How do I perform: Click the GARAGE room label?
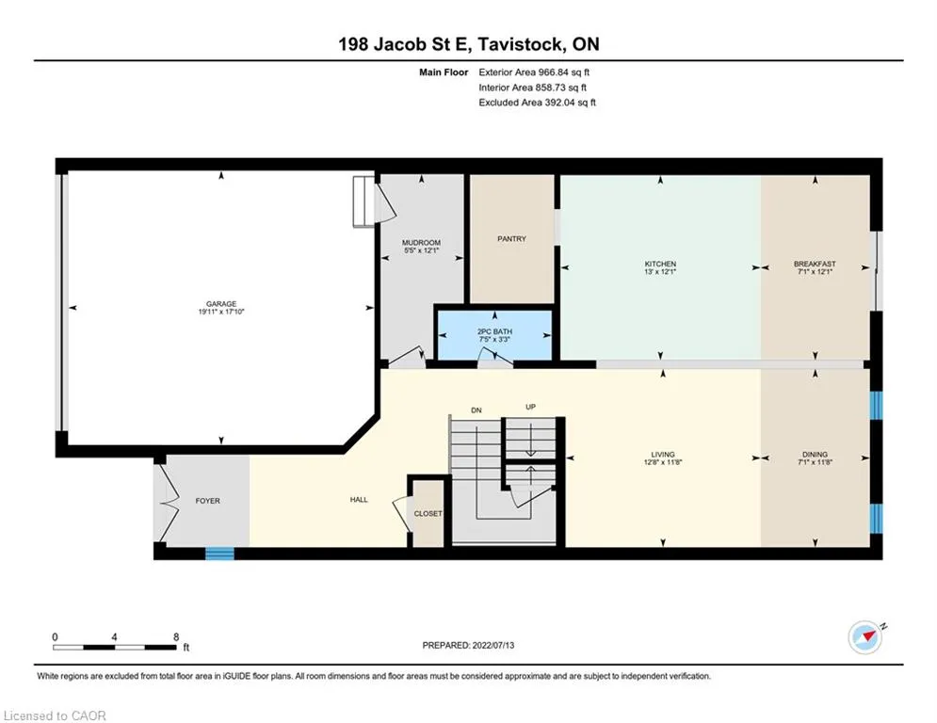coord(221,303)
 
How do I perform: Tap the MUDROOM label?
coord(421,243)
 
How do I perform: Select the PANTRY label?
coord(511,238)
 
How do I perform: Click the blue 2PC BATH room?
coord(494,335)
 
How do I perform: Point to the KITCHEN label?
coord(660,264)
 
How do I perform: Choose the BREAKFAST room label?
coord(816,264)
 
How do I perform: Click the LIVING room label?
coord(663,454)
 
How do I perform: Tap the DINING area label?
coord(816,454)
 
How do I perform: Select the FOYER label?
coord(207,501)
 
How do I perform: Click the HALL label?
coord(359,500)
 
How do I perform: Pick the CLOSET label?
coord(428,513)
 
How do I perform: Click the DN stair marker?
coord(477,410)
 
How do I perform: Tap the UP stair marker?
coord(530,407)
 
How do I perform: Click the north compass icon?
coord(865,637)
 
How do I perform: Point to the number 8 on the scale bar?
coord(176,637)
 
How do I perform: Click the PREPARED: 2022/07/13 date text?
coord(469,645)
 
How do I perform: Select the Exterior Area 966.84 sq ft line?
coord(534,72)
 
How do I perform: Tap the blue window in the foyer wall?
coord(220,554)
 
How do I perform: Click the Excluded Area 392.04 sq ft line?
coord(537,103)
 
